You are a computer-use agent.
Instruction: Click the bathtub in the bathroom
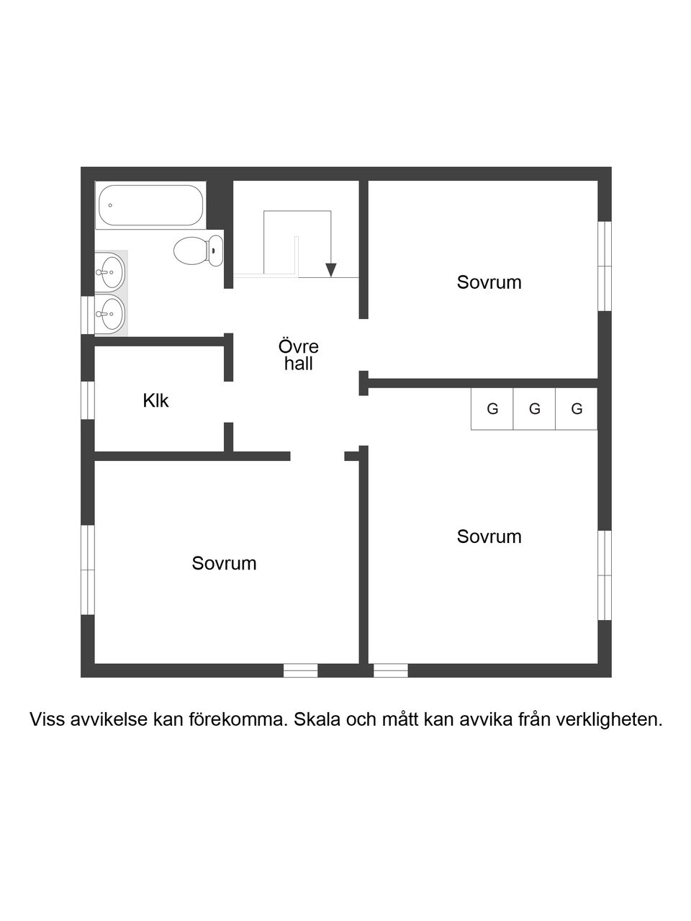click(x=150, y=206)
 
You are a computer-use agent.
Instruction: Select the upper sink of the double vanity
click(x=109, y=271)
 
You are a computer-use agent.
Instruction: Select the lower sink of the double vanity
click(x=109, y=313)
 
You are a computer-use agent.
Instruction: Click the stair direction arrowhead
click(x=330, y=270)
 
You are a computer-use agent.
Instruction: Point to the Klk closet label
click(x=155, y=400)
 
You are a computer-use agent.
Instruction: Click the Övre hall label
click(x=298, y=355)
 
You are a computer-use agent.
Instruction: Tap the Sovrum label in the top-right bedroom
click(x=489, y=282)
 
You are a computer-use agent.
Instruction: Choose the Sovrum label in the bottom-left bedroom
click(x=224, y=563)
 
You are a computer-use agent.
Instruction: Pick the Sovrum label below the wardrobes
click(x=489, y=536)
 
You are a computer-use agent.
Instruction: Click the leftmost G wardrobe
click(x=492, y=409)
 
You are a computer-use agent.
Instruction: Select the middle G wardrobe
click(x=534, y=409)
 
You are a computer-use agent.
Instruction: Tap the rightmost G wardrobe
click(x=577, y=409)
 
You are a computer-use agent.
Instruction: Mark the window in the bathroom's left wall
click(x=88, y=316)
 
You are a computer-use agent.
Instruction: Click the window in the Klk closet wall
click(x=88, y=400)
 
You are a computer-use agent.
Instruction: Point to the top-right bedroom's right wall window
click(x=605, y=266)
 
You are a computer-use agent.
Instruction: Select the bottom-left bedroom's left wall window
click(x=88, y=570)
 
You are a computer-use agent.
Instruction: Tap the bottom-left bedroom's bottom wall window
click(x=300, y=670)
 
